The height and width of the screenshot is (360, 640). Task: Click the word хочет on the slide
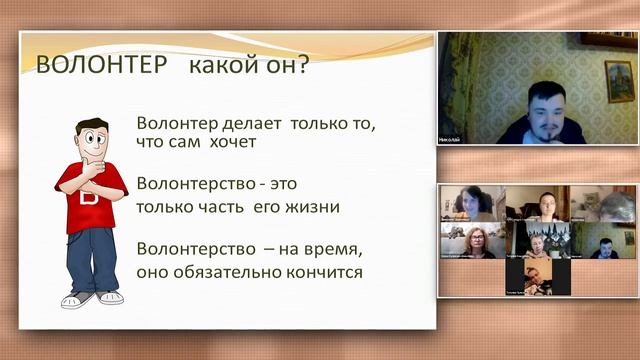(233, 142)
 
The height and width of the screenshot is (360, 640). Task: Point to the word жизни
(310, 207)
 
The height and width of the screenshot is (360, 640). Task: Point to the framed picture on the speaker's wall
(619, 80)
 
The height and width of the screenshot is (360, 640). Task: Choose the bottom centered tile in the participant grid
(537, 277)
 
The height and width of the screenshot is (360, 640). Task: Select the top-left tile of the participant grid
(470, 203)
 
